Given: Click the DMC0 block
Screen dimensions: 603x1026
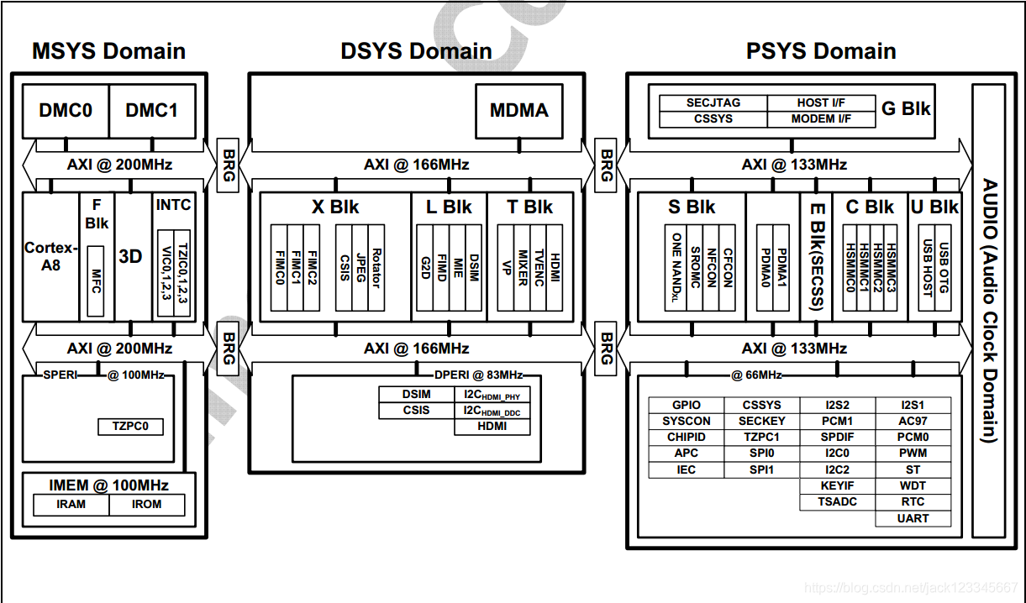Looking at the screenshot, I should (x=66, y=110).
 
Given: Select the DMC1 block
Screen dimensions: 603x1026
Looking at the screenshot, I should (x=152, y=110).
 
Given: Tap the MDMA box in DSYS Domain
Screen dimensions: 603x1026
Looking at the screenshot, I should (x=518, y=110).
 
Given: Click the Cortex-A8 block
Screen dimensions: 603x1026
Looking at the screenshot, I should (x=51, y=256).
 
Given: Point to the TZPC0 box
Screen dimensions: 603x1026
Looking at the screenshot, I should (x=130, y=426).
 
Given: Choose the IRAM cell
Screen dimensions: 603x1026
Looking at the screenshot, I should (x=71, y=505).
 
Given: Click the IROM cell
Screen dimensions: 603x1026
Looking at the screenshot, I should (x=147, y=505).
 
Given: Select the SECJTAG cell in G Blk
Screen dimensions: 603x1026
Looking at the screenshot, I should (x=713, y=103).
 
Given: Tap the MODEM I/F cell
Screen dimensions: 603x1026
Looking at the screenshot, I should (x=821, y=119).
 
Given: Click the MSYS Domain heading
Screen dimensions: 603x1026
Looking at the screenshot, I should (x=108, y=51).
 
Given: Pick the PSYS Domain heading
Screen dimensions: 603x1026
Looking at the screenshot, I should (x=821, y=51).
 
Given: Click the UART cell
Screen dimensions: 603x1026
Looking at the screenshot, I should (x=913, y=518).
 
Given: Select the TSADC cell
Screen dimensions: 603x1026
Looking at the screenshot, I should (x=837, y=502).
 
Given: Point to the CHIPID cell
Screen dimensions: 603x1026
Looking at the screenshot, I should (x=687, y=438).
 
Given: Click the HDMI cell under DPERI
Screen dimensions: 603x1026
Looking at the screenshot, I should (x=492, y=427).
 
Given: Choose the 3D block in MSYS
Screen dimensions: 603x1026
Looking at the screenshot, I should (x=131, y=256).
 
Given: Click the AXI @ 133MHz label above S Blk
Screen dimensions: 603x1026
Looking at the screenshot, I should (x=794, y=165).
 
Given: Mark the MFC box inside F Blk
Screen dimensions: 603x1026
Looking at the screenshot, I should (x=95, y=281).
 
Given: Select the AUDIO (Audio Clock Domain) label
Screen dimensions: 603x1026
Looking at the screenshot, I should (x=989, y=311).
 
